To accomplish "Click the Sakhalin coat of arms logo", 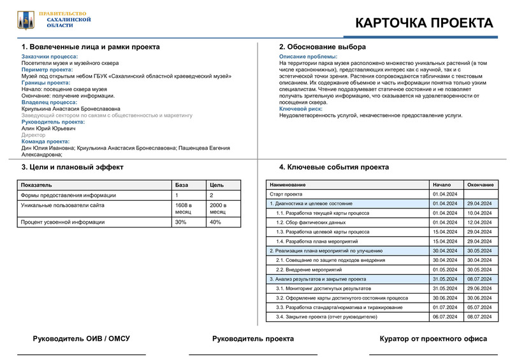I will tap(25, 20).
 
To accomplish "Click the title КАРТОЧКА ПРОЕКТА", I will tap(423, 23).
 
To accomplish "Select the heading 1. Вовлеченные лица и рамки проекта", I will tap(91, 47).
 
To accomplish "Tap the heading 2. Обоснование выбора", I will tap(323, 47).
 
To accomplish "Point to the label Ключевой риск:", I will tap(301, 110).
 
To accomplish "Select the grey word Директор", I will tap(34, 135).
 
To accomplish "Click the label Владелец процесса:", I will tap(49, 102).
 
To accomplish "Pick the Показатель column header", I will tap(37, 185).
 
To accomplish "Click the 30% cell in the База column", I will tap(181, 222).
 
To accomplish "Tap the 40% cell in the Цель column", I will tap(215, 222).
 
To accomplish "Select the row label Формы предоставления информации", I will tap(68, 195).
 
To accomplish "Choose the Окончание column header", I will tap(480, 185).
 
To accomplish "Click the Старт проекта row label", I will tap(286, 194).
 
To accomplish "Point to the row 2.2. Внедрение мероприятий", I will tap(311, 269).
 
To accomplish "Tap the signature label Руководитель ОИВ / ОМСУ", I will tap(81, 339).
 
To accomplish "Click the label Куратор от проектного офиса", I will tap(433, 339).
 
